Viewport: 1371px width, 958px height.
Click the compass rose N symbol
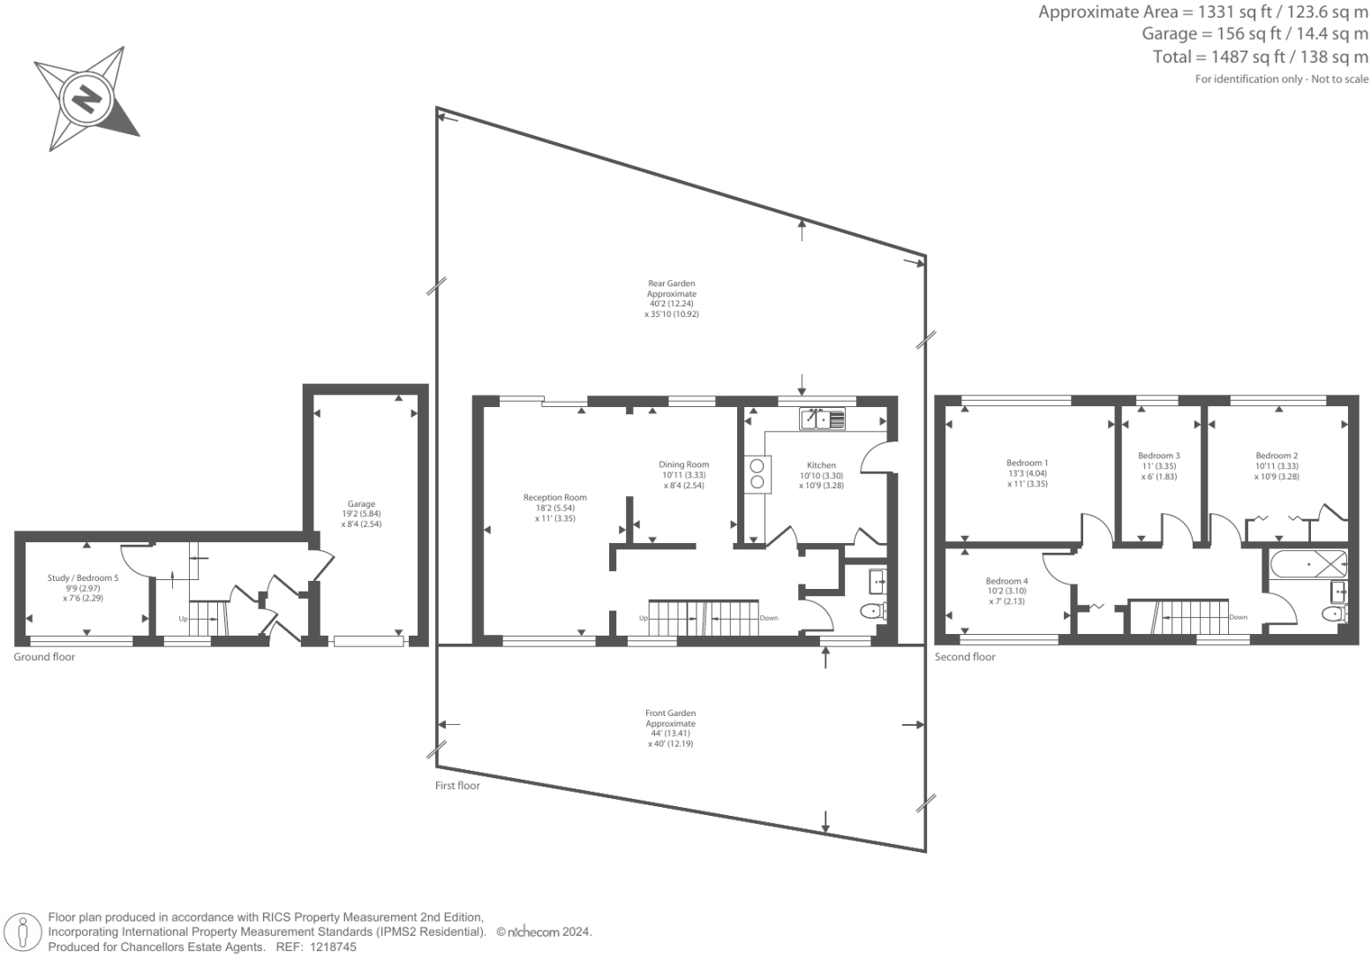[x=87, y=98]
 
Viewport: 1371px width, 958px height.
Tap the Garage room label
[x=361, y=504]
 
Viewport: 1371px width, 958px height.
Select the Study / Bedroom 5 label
[x=83, y=577]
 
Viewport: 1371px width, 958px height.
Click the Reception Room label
[x=554, y=498]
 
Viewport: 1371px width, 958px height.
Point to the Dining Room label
[x=683, y=464]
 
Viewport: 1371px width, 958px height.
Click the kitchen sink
[x=822, y=419]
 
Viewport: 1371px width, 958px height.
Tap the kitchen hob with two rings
[x=757, y=474]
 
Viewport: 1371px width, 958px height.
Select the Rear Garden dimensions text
[x=672, y=309]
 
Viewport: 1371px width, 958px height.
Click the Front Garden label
[x=670, y=713]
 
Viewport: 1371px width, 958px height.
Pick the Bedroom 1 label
[x=1027, y=464]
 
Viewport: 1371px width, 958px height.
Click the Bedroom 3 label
[x=1158, y=456]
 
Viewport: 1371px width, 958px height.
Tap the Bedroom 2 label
[x=1277, y=456]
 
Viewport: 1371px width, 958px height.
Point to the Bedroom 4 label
[x=1006, y=581]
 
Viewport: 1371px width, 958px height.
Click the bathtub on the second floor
[x=1308, y=564]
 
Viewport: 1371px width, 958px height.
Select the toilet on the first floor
[x=873, y=611]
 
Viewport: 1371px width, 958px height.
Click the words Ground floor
[x=44, y=657]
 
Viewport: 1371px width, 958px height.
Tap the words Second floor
[x=965, y=657]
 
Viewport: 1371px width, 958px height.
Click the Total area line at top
[x=1261, y=57]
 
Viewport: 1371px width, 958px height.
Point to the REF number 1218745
[x=332, y=947]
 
